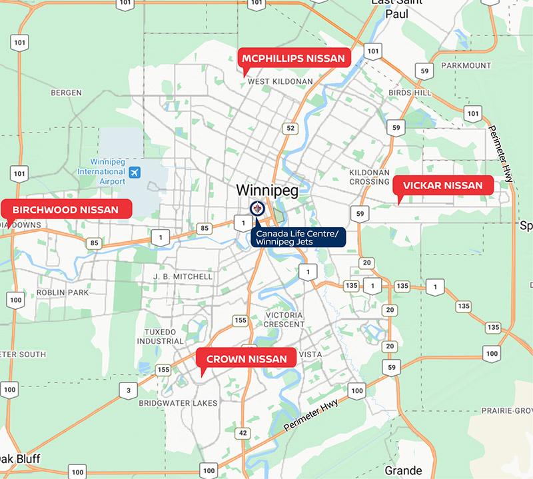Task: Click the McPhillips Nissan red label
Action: [x=293, y=58]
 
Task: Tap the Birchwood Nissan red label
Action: [x=65, y=210]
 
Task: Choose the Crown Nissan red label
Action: [x=247, y=359]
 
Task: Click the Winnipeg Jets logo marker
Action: [x=257, y=209]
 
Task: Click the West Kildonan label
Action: [x=280, y=81]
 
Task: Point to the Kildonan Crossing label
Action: [x=369, y=177]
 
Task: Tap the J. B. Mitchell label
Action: [x=183, y=276]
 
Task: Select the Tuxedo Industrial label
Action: [x=160, y=336]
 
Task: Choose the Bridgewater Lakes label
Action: [x=178, y=403]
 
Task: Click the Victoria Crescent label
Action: [x=284, y=319]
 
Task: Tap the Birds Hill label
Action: [x=410, y=93]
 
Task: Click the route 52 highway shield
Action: [x=290, y=128]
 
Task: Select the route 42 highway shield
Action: [x=244, y=433]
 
